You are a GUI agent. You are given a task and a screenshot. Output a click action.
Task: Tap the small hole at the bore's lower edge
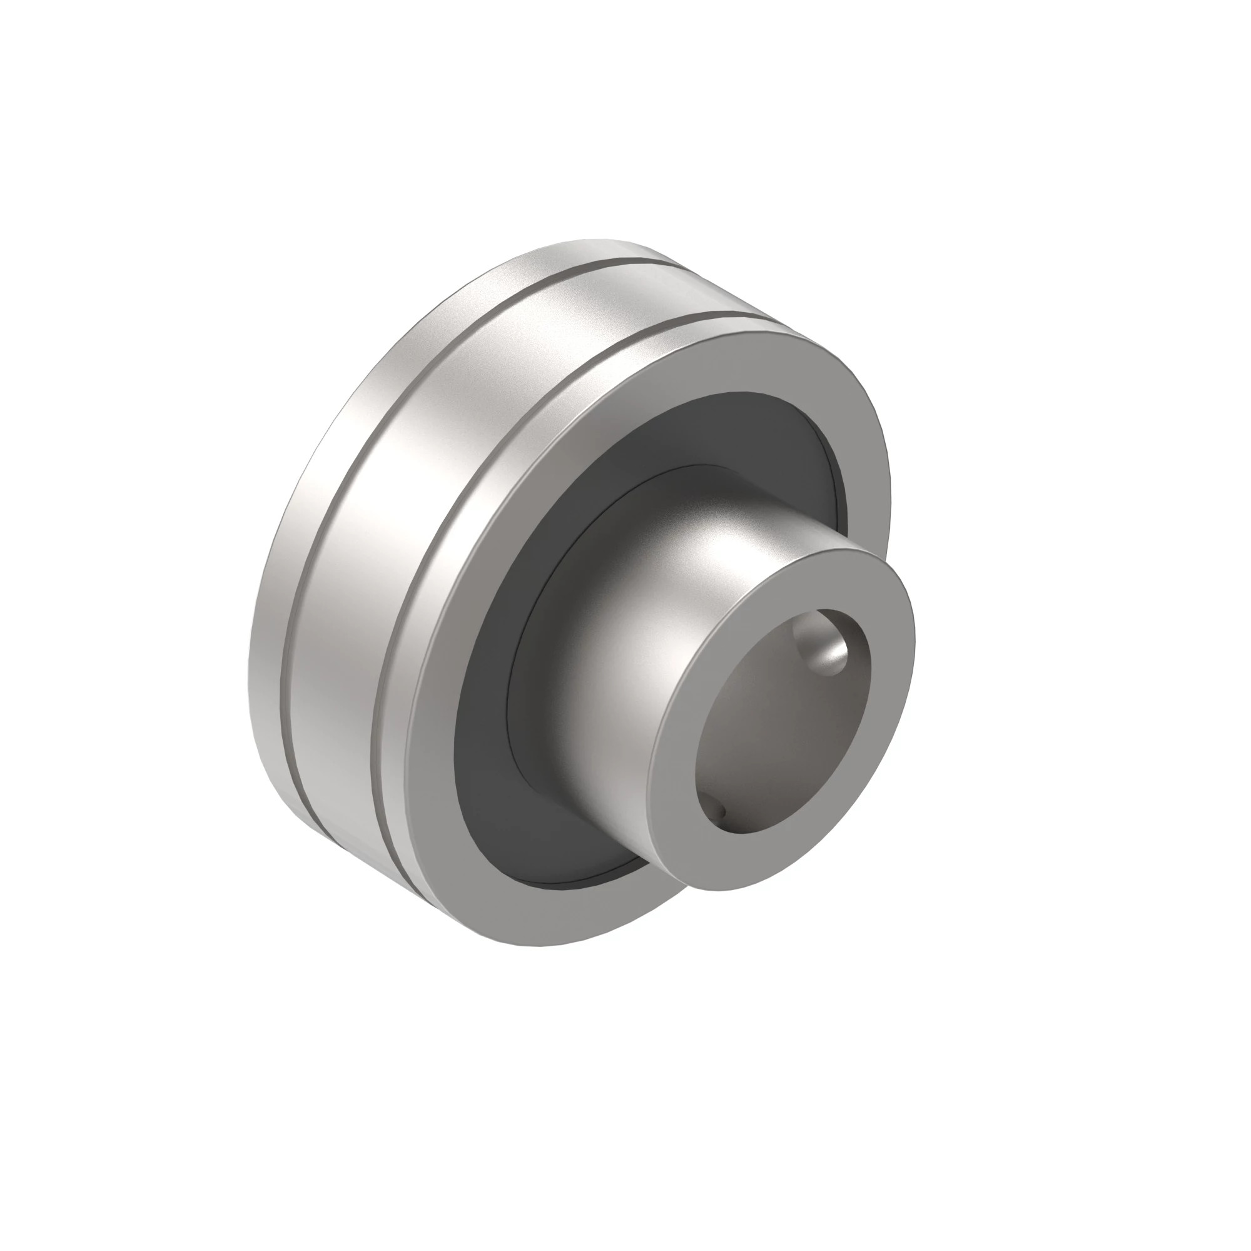[721, 808]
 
